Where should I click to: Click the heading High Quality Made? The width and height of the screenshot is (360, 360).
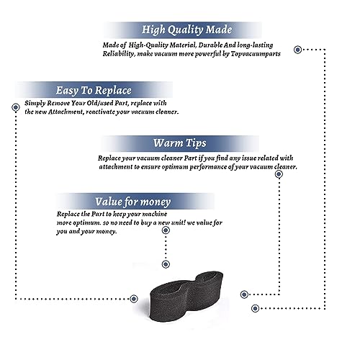pos(186,30)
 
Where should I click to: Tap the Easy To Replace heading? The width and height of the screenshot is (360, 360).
pos(94,91)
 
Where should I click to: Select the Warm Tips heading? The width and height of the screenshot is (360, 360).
pos(180,143)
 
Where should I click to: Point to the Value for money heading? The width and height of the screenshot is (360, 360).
pos(132,202)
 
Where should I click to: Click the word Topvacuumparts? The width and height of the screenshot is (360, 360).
pos(256,54)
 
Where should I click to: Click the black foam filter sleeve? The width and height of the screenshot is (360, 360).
pos(186,297)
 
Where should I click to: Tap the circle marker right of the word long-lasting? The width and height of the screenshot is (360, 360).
pos(297,50)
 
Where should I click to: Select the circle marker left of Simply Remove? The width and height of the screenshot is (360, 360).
pos(16,107)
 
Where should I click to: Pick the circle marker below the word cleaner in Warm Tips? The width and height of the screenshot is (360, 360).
pos(279,174)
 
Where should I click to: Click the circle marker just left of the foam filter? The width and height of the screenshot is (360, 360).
pos(134,299)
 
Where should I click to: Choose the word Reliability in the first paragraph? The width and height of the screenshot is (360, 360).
pos(119,54)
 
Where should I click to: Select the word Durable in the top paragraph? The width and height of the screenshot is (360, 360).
pos(210,45)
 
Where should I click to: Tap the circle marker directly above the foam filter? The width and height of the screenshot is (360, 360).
pos(166,264)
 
